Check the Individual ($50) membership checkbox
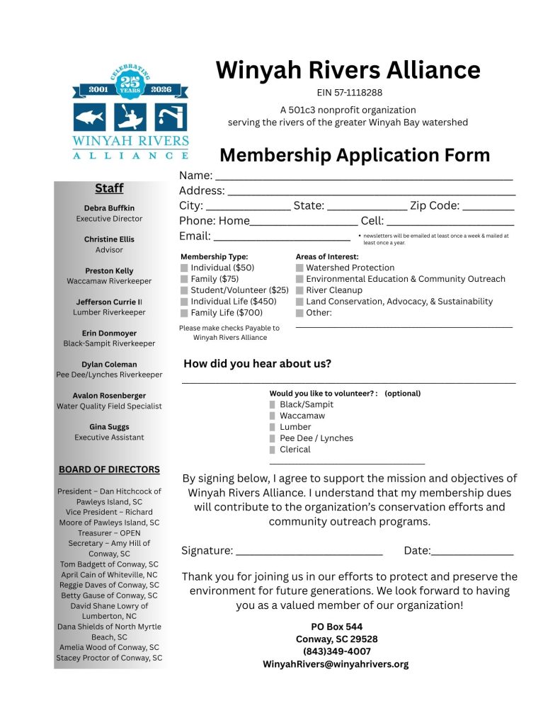click(x=185, y=268)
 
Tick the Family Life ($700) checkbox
click(x=185, y=313)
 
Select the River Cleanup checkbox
click(x=300, y=290)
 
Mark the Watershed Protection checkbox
click(x=300, y=268)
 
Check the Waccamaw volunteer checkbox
click(x=273, y=416)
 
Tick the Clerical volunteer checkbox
click(x=273, y=450)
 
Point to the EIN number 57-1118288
click(x=349, y=92)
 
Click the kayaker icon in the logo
click(x=130, y=117)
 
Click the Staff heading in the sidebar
click(x=109, y=188)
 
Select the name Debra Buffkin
click(x=109, y=208)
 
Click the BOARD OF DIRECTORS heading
click(x=109, y=469)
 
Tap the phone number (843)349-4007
click(x=336, y=651)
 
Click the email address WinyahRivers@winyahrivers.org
click(x=336, y=664)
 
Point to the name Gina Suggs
click(x=109, y=427)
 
